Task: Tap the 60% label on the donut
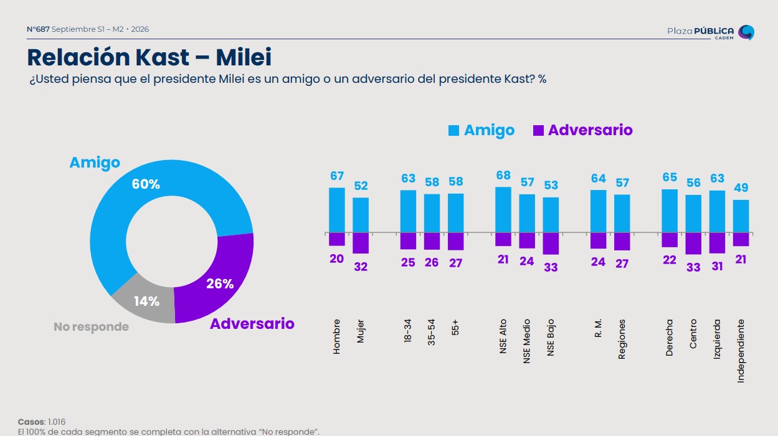146,184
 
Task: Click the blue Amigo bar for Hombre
337,210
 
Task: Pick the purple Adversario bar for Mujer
361,243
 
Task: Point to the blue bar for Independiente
741,216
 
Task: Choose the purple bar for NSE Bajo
551,244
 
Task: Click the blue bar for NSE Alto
503,210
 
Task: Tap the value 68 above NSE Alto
503,176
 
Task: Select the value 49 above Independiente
741,187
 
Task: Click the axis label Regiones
622,339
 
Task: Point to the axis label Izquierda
717,339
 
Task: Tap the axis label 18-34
408,331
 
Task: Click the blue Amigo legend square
453,130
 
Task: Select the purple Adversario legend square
538,130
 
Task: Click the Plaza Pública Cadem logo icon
746,32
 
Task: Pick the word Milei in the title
244,57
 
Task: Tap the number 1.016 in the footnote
57,422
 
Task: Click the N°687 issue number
38,29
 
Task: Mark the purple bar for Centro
693,244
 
